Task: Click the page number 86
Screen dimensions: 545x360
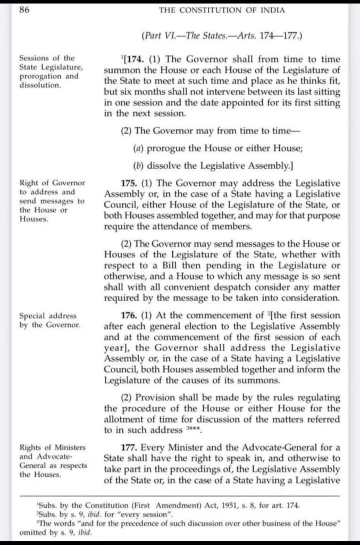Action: [x=24, y=10]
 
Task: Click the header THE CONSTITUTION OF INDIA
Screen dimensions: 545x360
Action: [x=222, y=10]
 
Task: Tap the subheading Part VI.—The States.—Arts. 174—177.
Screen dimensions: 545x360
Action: [x=222, y=36]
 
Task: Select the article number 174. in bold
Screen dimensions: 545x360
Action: [x=135, y=59]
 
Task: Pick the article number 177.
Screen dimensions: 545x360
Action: [x=130, y=447]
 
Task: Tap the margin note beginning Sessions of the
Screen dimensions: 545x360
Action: [x=51, y=71]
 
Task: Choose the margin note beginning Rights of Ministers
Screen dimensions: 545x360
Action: [x=53, y=460]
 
